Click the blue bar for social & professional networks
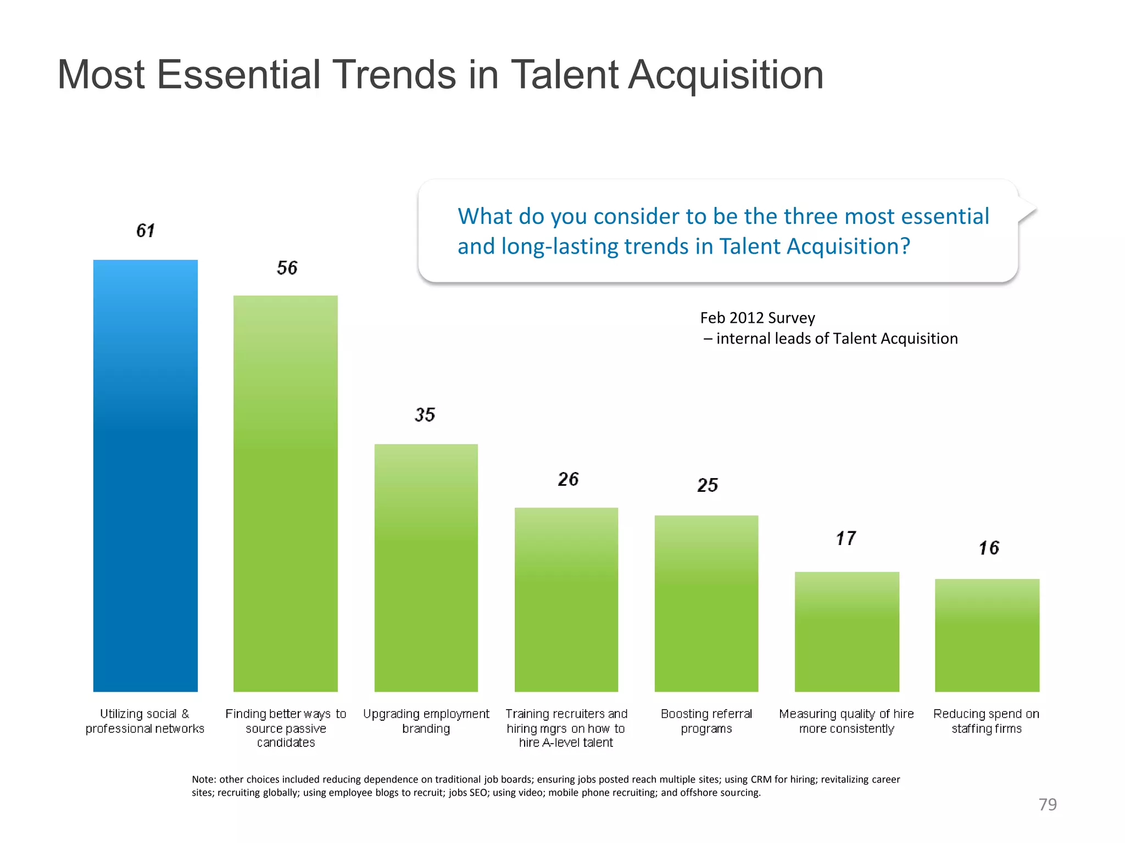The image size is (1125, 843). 145,475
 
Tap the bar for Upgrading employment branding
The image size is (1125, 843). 426,567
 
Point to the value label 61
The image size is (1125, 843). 146,231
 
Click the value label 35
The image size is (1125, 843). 425,414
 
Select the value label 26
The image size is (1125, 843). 568,479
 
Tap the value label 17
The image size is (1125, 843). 846,538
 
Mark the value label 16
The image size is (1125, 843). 989,548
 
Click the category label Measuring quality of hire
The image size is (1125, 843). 846,721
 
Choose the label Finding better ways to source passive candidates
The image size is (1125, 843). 286,728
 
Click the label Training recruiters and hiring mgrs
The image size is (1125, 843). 566,728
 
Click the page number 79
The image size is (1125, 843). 1047,804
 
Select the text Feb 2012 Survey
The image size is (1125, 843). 757,318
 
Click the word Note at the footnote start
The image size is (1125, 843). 203,779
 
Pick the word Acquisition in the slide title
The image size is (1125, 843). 725,75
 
